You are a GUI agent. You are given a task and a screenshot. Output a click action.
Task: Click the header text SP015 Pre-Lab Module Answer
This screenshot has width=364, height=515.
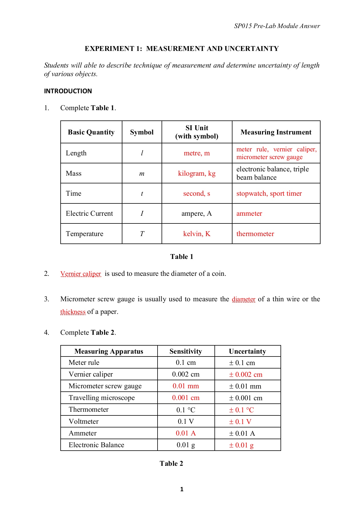click(x=277, y=26)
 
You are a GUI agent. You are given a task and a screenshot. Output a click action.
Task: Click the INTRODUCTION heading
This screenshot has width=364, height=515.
click(x=68, y=91)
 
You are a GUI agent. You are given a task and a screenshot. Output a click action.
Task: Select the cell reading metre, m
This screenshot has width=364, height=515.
click(x=197, y=153)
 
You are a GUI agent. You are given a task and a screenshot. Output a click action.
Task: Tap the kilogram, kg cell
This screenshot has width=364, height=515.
click(x=197, y=173)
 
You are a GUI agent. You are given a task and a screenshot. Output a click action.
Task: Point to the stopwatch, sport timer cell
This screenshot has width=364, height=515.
click(x=269, y=193)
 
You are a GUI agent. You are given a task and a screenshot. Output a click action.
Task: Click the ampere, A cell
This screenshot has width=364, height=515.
click(x=197, y=213)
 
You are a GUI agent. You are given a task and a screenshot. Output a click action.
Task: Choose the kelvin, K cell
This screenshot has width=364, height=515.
click(x=197, y=234)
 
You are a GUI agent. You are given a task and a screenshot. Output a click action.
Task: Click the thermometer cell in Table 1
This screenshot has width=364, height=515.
click(x=255, y=234)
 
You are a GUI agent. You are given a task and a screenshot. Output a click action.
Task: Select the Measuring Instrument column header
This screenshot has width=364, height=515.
click(x=276, y=132)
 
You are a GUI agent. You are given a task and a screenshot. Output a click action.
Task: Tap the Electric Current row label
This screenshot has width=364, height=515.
click(x=89, y=213)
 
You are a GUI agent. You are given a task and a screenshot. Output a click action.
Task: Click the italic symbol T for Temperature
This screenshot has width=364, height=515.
click(x=142, y=234)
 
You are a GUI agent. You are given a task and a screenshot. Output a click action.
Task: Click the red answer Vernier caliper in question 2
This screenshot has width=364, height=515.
click(x=81, y=274)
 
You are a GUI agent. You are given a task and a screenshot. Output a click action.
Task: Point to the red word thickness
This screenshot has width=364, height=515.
click(x=73, y=312)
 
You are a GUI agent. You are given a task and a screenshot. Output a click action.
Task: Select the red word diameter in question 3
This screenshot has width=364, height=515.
click(x=244, y=299)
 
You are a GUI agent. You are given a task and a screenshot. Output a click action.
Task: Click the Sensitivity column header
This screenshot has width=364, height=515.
click(x=186, y=351)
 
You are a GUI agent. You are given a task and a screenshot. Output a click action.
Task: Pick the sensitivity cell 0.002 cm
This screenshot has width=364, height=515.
click(x=186, y=374)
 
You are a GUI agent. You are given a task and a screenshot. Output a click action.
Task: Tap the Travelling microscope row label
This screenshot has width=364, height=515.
click(x=102, y=398)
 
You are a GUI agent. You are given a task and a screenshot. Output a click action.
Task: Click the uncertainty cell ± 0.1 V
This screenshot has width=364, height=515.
click(x=240, y=422)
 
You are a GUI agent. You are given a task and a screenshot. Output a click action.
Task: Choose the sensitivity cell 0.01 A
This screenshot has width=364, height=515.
click(x=186, y=433)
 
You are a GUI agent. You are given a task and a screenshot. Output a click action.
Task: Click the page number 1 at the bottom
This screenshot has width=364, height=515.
click(x=182, y=489)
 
